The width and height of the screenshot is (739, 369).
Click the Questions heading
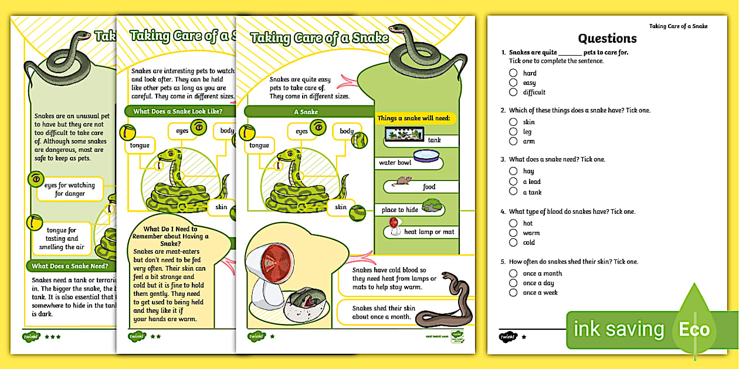(x=607, y=39)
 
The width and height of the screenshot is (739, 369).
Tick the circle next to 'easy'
(x=513, y=83)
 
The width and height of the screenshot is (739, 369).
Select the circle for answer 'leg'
(x=513, y=132)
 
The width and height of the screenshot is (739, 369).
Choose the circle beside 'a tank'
(x=513, y=192)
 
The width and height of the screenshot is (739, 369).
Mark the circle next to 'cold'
(x=513, y=242)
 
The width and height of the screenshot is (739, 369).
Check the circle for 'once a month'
(x=513, y=274)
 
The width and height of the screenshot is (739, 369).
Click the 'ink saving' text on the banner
(x=618, y=330)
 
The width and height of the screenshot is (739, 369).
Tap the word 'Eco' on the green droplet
(x=694, y=330)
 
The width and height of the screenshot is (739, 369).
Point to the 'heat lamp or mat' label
(x=429, y=232)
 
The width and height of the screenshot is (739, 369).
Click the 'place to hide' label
(x=400, y=210)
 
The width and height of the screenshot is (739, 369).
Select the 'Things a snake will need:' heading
(x=413, y=118)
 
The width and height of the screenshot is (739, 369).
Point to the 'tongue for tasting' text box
(x=62, y=238)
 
